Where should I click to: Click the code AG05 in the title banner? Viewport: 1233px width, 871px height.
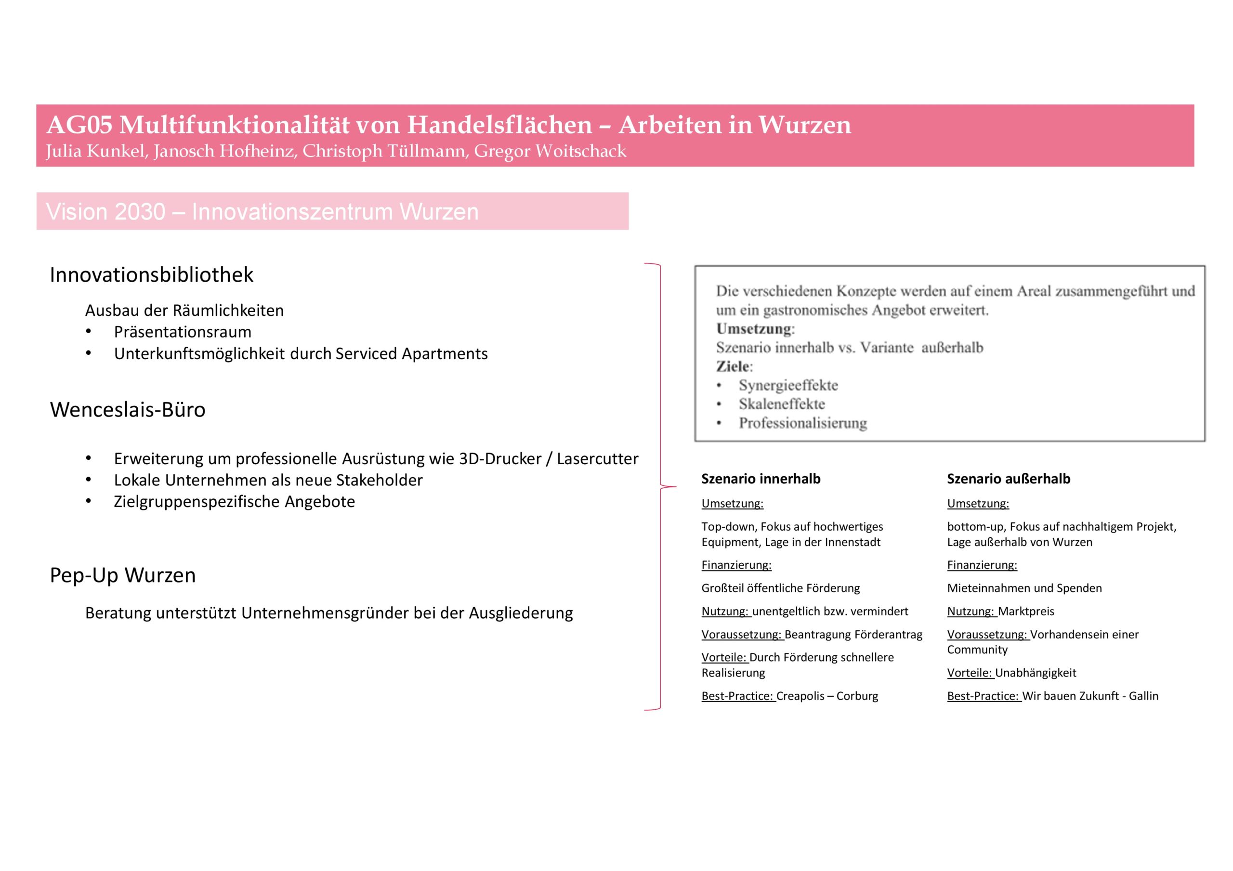[x=79, y=125]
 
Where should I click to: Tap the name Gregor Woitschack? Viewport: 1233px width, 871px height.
[x=550, y=152]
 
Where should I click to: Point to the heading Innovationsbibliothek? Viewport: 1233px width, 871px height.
[x=151, y=275]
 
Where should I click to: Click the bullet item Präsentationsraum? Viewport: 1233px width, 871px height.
[x=183, y=332]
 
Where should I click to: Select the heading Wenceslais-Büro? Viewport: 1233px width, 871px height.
[x=128, y=410]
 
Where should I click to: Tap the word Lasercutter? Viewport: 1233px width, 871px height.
[x=597, y=458]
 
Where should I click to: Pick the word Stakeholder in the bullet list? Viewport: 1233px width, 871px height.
[x=379, y=480]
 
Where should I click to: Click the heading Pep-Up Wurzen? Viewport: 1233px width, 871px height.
[x=122, y=575]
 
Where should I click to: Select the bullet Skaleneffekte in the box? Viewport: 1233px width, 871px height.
[x=781, y=404]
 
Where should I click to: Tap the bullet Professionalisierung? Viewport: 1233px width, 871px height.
[x=802, y=423]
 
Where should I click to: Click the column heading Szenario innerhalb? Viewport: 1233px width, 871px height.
[x=761, y=479]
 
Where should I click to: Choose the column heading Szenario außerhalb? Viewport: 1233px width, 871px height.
[x=1008, y=479]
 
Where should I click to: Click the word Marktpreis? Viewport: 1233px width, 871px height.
[x=1026, y=611]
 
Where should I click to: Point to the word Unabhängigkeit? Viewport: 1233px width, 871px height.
[x=1036, y=672]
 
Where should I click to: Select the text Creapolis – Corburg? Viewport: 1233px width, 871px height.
[x=827, y=696]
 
